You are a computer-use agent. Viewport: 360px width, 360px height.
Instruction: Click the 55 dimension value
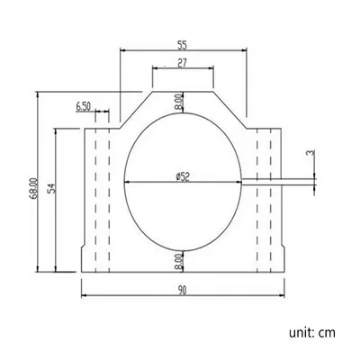click(182, 43)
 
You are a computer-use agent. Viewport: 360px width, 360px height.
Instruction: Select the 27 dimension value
click(182, 64)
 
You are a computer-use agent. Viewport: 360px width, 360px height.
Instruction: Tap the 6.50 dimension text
click(83, 106)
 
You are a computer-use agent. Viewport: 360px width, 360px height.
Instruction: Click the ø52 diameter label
click(183, 177)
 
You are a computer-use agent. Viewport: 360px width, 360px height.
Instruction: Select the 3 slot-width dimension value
click(310, 154)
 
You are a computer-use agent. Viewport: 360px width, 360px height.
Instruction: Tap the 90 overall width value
click(182, 290)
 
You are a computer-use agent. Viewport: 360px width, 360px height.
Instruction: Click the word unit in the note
click(300, 333)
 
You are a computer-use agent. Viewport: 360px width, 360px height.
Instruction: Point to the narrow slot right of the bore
click(261, 184)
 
